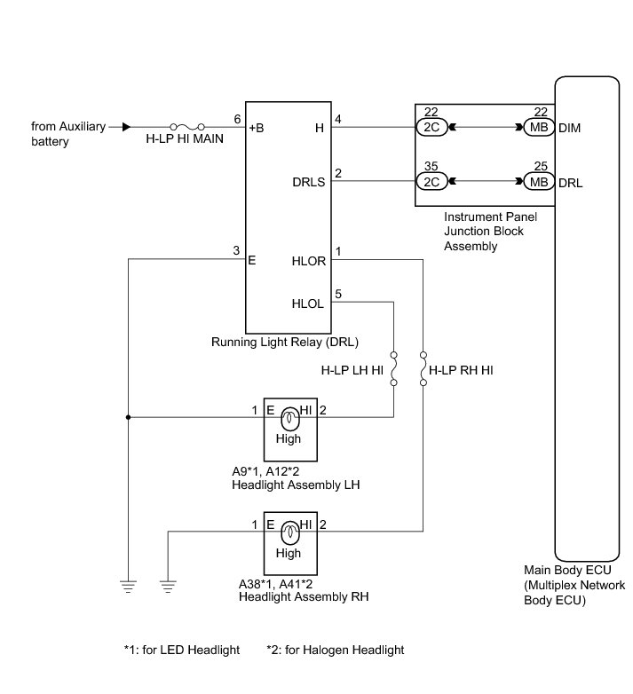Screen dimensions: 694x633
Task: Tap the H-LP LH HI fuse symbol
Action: [x=394, y=368]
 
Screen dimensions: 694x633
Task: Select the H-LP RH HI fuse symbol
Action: [x=423, y=368]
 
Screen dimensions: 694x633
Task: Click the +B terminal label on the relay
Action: [x=256, y=128]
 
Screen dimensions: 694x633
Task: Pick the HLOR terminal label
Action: [x=309, y=261]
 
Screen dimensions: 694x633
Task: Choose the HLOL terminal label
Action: [x=309, y=303]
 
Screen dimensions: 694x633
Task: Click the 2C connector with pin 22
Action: [x=429, y=128]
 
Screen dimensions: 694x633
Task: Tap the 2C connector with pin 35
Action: [x=429, y=182]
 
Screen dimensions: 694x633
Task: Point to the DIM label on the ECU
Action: [x=569, y=128]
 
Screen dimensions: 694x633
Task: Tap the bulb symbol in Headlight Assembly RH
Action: [x=289, y=534]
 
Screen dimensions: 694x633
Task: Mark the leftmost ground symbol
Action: [x=128, y=584]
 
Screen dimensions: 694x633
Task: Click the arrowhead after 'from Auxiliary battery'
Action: [x=126, y=127]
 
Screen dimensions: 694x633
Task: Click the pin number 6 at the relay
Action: [x=237, y=119]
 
